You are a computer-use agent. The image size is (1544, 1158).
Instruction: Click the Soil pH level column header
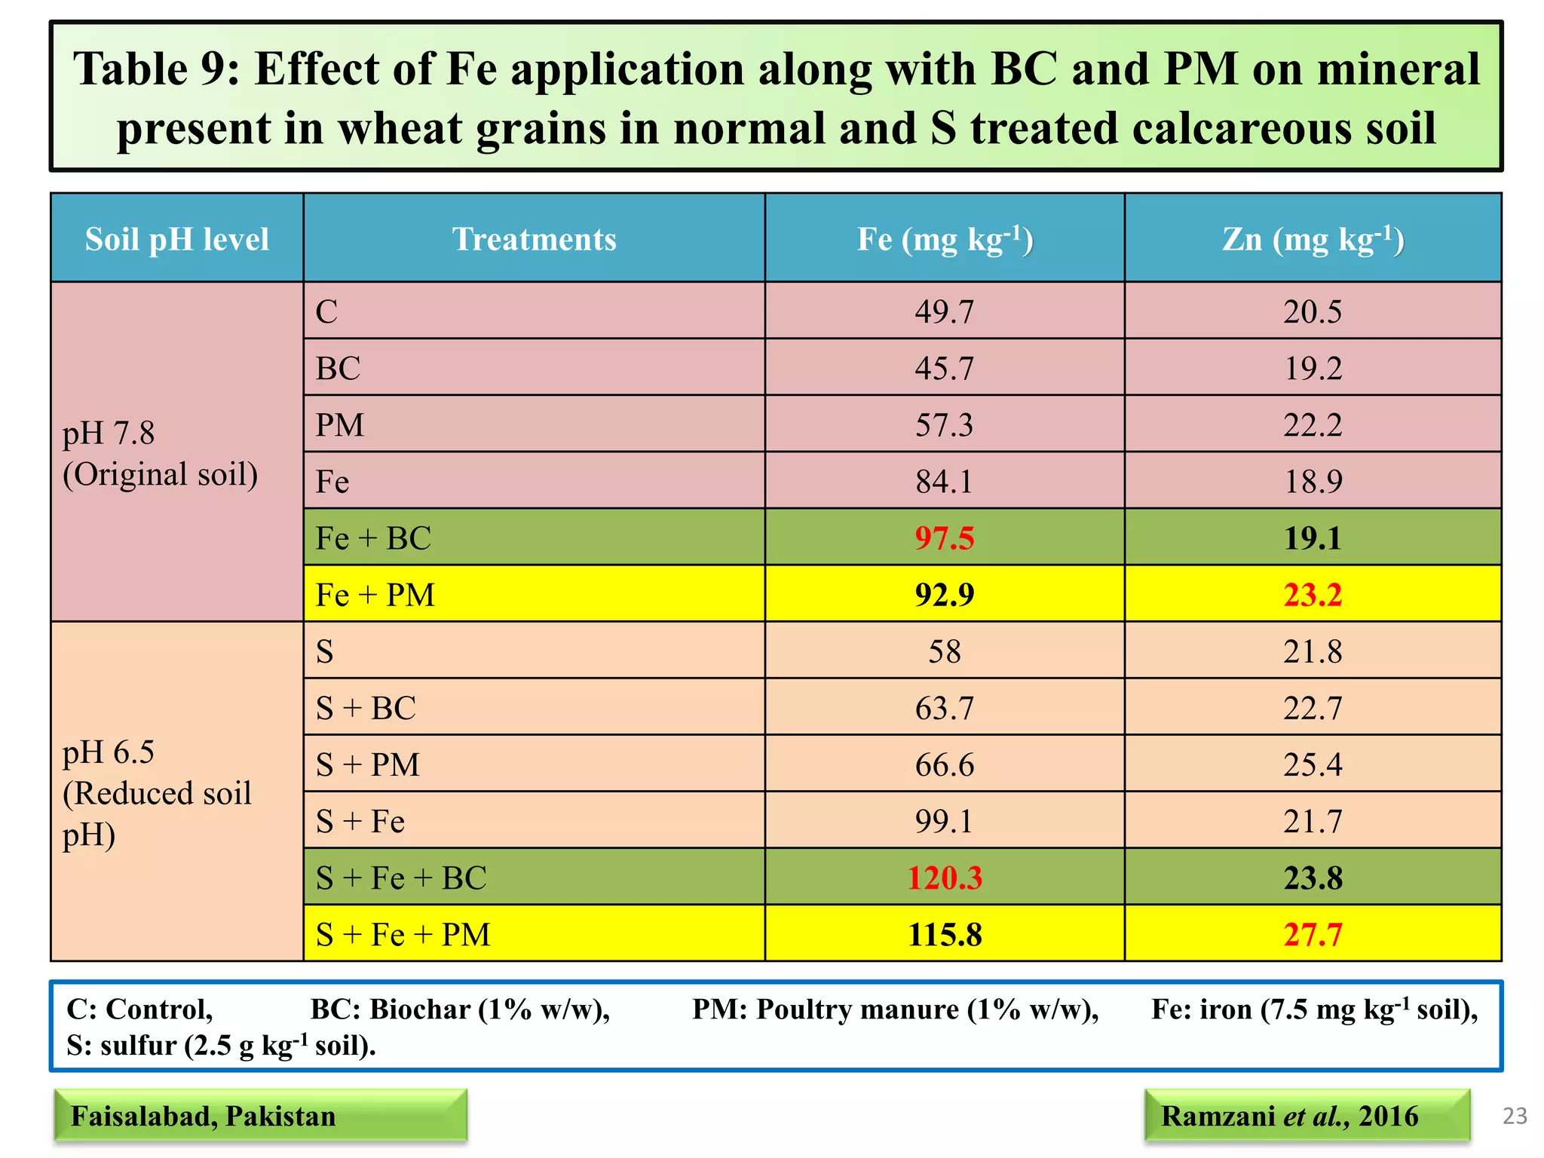tap(176, 240)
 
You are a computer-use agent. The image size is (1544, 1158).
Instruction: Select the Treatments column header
tap(534, 240)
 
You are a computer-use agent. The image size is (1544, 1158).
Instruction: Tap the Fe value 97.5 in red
tap(944, 538)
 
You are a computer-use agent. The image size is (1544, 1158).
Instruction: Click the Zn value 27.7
tap(1313, 935)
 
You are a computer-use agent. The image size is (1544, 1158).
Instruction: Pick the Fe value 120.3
tap(944, 878)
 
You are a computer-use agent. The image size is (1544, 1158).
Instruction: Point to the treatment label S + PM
tap(367, 765)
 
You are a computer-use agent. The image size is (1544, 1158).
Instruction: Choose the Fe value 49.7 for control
tap(944, 311)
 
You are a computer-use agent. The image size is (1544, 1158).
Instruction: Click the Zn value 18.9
tap(1313, 482)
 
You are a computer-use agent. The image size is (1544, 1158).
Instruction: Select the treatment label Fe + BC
tap(373, 538)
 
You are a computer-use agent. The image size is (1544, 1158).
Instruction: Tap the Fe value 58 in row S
tap(944, 651)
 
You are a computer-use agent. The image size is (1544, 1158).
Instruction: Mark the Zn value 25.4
tap(1313, 765)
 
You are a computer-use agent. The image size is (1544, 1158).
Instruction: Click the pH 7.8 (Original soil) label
tap(160, 453)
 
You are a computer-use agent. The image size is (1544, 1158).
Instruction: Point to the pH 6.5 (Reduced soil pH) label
tap(157, 793)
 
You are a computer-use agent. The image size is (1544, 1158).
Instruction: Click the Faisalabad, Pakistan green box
tap(259, 1116)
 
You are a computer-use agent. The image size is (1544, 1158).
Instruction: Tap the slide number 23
tap(1515, 1116)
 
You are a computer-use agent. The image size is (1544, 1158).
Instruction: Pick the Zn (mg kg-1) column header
tap(1313, 240)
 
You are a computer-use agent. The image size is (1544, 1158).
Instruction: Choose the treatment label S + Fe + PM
tap(403, 935)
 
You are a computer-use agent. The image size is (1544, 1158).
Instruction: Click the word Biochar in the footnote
tap(420, 1009)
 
